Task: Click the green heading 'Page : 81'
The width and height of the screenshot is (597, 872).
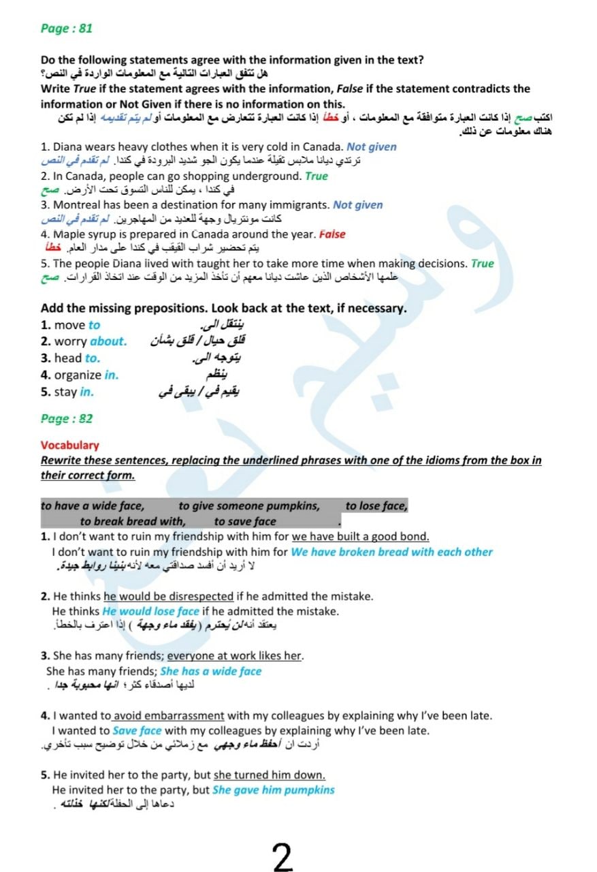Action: point(66,28)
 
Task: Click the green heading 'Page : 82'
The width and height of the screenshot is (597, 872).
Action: point(66,418)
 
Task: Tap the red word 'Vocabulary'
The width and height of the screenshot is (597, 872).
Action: point(69,445)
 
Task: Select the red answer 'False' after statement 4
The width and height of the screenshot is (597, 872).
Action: point(332,234)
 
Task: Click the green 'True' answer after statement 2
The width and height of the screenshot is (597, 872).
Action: point(316,176)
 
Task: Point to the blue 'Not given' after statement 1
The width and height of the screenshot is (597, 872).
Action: point(371,146)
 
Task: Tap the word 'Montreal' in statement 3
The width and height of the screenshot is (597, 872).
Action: point(77,205)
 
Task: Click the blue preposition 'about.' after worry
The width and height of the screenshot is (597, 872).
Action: point(108,341)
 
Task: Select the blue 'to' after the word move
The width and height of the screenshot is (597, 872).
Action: point(94,325)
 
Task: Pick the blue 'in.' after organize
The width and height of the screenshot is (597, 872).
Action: point(112,375)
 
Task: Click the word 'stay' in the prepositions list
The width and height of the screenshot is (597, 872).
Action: point(65,392)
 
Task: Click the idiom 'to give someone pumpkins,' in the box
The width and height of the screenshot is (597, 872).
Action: point(249,505)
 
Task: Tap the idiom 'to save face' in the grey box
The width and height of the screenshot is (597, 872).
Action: point(245,522)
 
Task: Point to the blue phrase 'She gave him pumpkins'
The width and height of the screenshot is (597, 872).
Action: point(273,790)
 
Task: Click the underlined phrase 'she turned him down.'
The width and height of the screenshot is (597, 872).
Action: point(269,775)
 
